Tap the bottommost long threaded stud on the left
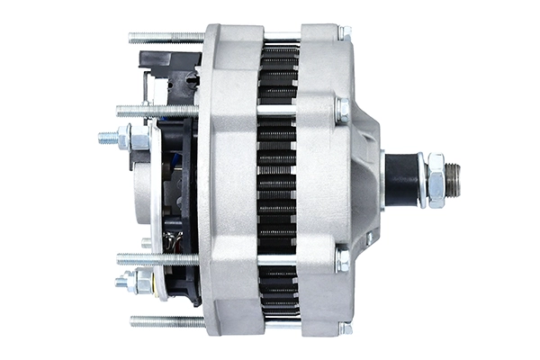pyautogui.click(x=166, y=320)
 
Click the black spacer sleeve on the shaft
pyautogui.click(x=401, y=180)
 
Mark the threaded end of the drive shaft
pyautogui.click(x=454, y=180)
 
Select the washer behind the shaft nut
pyautogui.click(x=421, y=180)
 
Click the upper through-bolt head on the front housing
pyautogui.click(x=342, y=110)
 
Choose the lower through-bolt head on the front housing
pyautogui.click(x=342, y=259)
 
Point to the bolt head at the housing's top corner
pyautogui.click(x=343, y=32)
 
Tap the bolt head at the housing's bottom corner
pyautogui.click(x=343, y=328)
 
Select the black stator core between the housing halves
pyautogui.click(x=278, y=180)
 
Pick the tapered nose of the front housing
pyautogui.click(x=369, y=180)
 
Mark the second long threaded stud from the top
pyautogui.click(x=157, y=111)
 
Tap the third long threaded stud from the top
pyautogui.click(x=157, y=258)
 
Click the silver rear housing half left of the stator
pyautogui.click(x=229, y=180)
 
